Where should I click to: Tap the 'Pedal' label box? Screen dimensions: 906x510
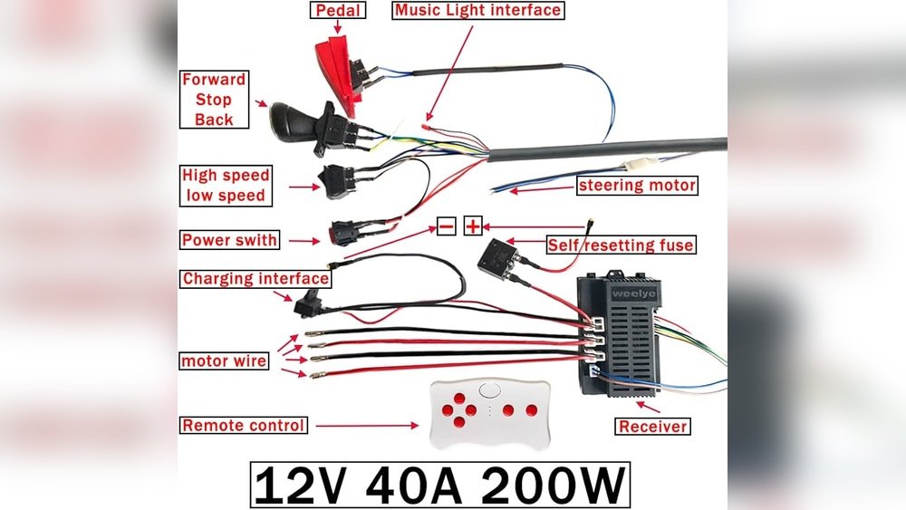tap(338, 10)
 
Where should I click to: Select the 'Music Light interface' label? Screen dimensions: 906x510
tap(477, 10)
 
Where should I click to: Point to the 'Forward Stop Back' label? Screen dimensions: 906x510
tap(214, 100)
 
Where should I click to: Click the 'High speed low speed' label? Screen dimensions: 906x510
tap(226, 186)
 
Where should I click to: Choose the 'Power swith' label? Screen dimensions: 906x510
tap(229, 240)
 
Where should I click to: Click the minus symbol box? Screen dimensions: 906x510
tap(446, 226)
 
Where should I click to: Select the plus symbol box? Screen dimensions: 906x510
tap(473, 226)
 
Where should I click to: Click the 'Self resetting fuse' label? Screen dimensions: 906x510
tap(621, 245)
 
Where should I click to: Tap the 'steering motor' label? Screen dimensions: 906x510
tap(637, 186)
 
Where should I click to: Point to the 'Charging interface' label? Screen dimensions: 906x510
tap(256, 279)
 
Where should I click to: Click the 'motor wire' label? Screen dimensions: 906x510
tap(224, 361)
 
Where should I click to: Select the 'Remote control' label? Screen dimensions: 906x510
tap(243, 425)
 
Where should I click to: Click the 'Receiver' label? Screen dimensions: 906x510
tap(653, 427)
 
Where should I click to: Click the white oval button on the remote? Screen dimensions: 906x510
tap(489, 390)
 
